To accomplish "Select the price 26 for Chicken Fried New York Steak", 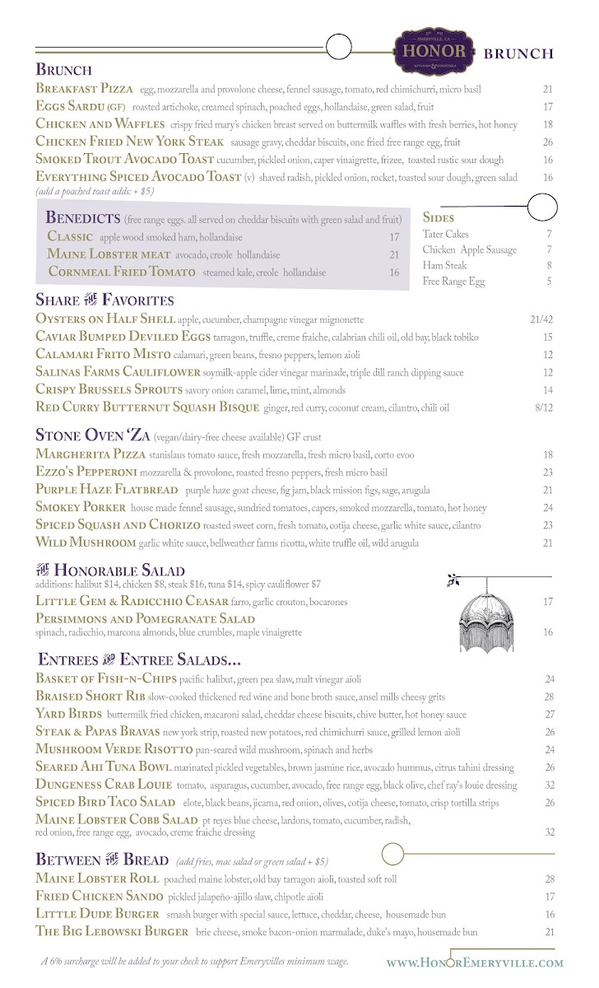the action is [x=548, y=142].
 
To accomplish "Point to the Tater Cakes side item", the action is [x=445, y=235].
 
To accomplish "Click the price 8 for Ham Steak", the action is [x=548, y=266].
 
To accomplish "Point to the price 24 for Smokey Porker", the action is [x=548, y=508].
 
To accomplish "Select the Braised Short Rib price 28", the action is [x=550, y=697].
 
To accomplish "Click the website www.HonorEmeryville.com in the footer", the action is [x=475, y=962].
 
